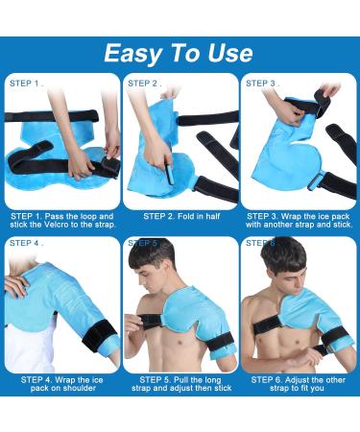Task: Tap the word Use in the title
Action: pyautogui.click(x=227, y=51)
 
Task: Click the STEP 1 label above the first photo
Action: pyautogui.click(x=26, y=84)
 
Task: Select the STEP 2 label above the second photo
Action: pyautogui.click(x=143, y=84)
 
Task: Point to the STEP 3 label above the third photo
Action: pyautogui.click(x=261, y=84)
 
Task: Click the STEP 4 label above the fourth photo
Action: pyautogui.click(x=26, y=243)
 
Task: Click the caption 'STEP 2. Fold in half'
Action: pyautogui.click(x=180, y=216)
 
